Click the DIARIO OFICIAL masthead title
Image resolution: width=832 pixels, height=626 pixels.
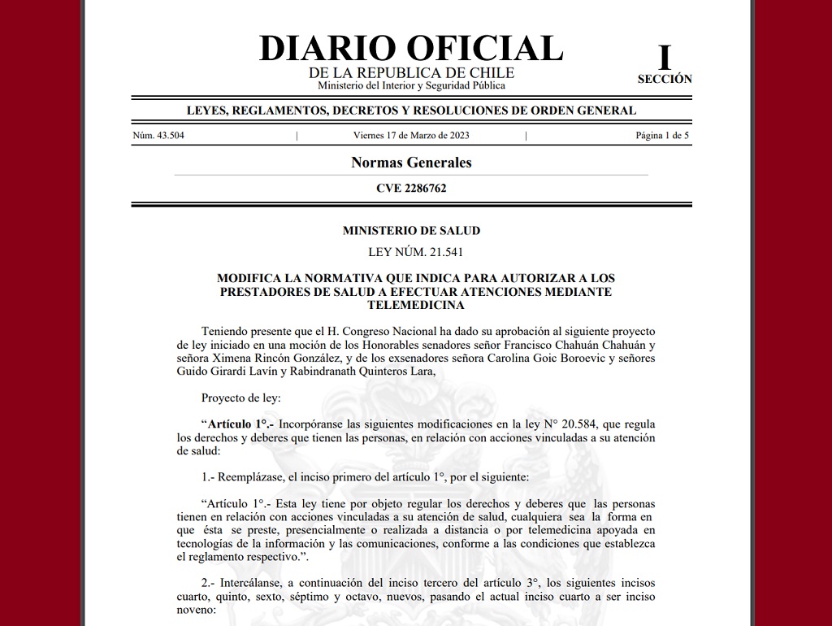(411, 48)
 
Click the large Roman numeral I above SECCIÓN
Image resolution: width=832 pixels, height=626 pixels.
(665, 58)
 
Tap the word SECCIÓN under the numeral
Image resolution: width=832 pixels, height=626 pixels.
(665, 80)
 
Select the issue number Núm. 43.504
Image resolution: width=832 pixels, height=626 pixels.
(158, 136)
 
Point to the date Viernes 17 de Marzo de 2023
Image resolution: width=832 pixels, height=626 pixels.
(411, 136)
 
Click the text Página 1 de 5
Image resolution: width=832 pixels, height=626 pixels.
(662, 136)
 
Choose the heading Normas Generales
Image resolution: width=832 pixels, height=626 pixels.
(411, 163)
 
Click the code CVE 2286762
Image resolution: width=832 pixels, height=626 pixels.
(411, 189)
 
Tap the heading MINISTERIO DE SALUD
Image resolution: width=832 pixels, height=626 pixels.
(411, 231)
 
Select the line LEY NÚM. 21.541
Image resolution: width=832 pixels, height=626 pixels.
(411, 252)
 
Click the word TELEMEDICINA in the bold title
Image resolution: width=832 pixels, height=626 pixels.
(415, 305)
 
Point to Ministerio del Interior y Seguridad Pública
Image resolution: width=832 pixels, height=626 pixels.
(411, 85)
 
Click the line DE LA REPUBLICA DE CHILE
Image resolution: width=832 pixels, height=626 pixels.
(411, 73)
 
